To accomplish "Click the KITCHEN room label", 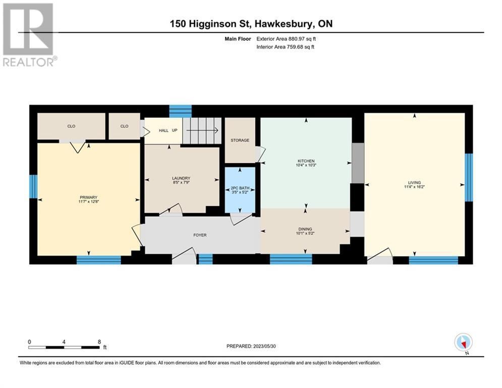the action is pyautogui.click(x=306, y=161).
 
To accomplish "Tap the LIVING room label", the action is pyautogui.click(x=414, y=182).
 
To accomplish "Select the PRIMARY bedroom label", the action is pyautogui.click(x=88, y=198).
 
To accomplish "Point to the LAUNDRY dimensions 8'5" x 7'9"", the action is pyautogui.click(x=181, y=182).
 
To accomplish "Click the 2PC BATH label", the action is pyautogui.click(x=240, y=188).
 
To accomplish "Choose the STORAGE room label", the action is pyautogui.click(x=240, y=140).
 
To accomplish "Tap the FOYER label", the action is pyautogui.click(x=200, y=235).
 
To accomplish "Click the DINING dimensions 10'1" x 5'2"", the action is pyautogui.click(x=305, y=233).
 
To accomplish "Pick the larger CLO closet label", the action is pyautogui.click(x=71, y=126).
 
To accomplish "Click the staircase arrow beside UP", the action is pyautogui.click(x=202, y=130).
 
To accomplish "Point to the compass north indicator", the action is pyautogui.click(x=463, y=343).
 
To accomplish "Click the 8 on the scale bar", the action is pyautogui.click(x=99, y=342).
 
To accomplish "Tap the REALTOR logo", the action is pyautogui.click(x=28, y=35).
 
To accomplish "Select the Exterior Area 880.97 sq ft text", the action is pyautogui.click(x=286, y=39).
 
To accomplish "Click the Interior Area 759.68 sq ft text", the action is pyautogui.click(x=285, y=47).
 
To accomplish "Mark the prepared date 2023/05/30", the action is pyautogui.click(x=264, y=346).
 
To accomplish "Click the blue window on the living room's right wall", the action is pyautogui.click(x=469, y=177).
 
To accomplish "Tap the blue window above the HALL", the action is pyautogui.click(x=180, y=111).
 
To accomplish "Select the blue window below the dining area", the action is pyautogui.click(x=291, y=259).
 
